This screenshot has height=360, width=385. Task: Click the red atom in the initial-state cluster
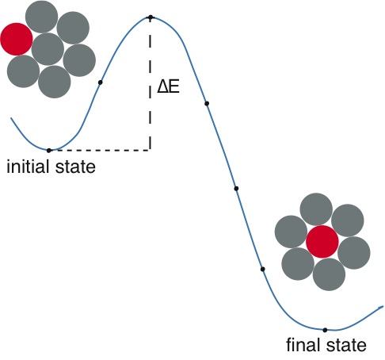(17, 39)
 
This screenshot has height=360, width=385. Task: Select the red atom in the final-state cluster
(322, 242)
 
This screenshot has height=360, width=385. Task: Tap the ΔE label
(168, 87)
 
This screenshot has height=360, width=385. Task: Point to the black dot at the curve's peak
(151, 17)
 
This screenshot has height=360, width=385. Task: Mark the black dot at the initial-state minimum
(49, 151)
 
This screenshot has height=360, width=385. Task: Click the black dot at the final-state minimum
(325, 330)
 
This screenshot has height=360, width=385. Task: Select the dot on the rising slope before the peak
(100, 82)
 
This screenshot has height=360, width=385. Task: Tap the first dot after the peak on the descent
(207, 103)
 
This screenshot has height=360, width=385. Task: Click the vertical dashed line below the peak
(151, 85)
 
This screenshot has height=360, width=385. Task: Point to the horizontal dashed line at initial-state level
(101, 151)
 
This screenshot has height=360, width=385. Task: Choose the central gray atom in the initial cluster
(48, 49)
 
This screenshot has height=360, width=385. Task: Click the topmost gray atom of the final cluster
(316, 209)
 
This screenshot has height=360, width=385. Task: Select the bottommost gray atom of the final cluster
(329, 274)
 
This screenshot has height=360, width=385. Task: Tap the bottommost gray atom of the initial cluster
(55, 82)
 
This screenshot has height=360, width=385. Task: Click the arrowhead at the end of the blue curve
(381, 307)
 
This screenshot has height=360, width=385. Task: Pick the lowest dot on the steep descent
(262, 269)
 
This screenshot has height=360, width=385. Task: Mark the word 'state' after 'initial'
(75, 167)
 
